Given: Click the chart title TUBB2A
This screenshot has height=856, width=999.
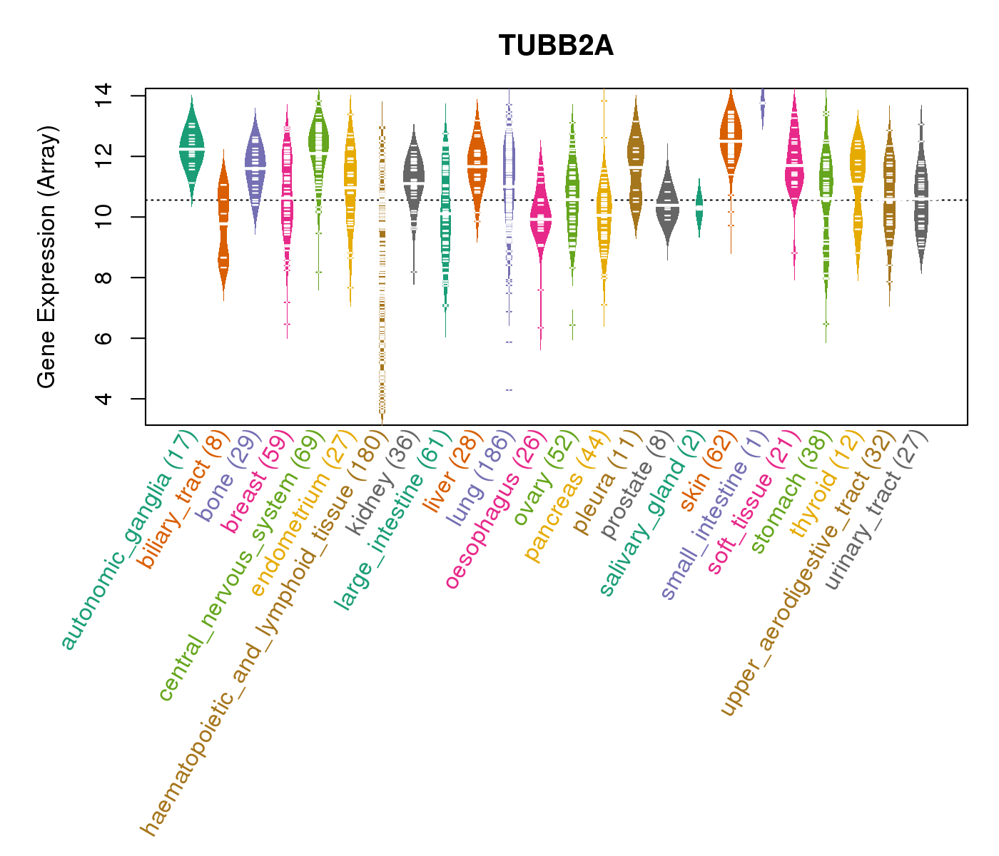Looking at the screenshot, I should click(556, 46).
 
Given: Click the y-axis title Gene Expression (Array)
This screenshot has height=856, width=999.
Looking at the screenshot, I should click(47, 257).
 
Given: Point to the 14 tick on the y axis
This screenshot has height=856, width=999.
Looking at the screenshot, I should click(102, 96).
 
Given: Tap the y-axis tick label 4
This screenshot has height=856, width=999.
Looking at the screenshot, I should click(102, 398).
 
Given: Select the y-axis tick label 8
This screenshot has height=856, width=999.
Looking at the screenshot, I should click(102, 277).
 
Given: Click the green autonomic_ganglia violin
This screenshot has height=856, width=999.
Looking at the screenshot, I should click(191, 150).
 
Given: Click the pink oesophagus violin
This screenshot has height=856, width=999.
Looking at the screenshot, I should click(541, 221).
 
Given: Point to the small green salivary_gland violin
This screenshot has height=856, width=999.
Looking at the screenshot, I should click(699, 207).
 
